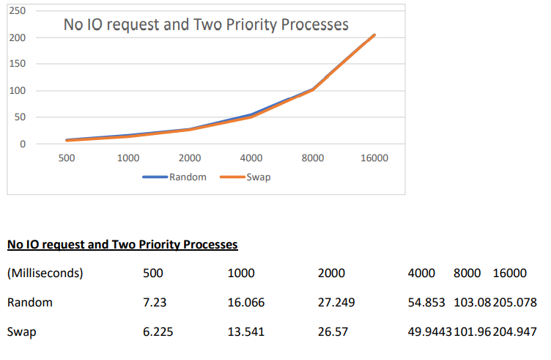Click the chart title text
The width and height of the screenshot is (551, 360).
206,25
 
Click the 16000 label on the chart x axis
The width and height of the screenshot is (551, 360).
374,158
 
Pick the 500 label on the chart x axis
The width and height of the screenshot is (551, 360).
66,158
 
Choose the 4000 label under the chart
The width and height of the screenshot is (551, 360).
251,158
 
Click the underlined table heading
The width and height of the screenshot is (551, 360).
122,244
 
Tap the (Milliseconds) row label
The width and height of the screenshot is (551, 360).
45,273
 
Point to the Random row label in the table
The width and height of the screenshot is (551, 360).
29,302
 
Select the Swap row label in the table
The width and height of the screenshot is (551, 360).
22,331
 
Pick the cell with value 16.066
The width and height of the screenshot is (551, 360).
246,302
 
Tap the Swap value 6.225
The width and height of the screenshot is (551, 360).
158,331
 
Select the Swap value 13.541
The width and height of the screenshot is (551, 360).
246,331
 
